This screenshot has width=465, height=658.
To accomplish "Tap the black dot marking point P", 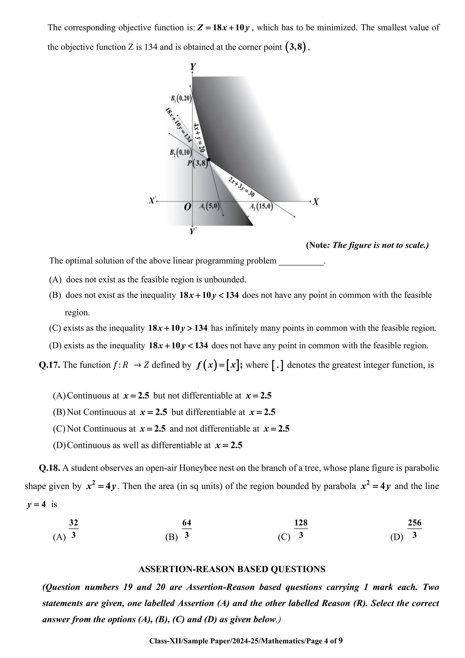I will [x=209, y=160].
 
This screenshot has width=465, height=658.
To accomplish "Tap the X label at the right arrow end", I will [x=316, y=202].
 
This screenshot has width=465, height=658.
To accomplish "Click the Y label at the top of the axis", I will [x=193, y=67].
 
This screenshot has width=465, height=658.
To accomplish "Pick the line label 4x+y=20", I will [x=199, y=137].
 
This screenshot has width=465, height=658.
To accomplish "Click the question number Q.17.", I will [x=49, y=365].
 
